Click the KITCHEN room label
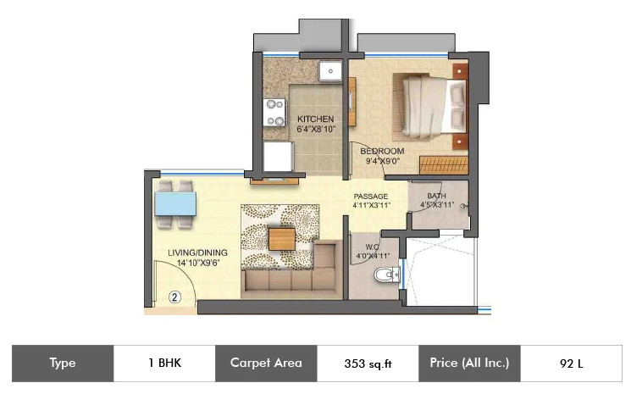[x=315, y=119]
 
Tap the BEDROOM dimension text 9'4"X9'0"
[x=382, y=161]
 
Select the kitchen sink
[x=330, y=71]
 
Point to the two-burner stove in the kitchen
[x=274, y=113]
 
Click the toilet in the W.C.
[x=387, y=275]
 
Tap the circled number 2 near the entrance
[x=174, y=297]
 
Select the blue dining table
[x=175, y=203]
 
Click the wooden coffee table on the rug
[x=282, y=239]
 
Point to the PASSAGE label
[x=371, y=197]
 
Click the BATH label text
[x=437, y=196]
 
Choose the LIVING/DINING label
[x=197, y=252]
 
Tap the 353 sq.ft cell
[x=368, y=363]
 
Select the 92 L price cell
[x=571, y=363]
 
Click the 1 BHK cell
[x=164, y=363]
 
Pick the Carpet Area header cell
[x=266, y=363]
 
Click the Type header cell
[x=63, y=363]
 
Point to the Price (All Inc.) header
[x=469, y=363]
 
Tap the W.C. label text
[x=372, y=247]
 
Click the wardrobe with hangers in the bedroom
[x=444, y=165]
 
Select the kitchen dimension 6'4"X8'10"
[x=316, y=129]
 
